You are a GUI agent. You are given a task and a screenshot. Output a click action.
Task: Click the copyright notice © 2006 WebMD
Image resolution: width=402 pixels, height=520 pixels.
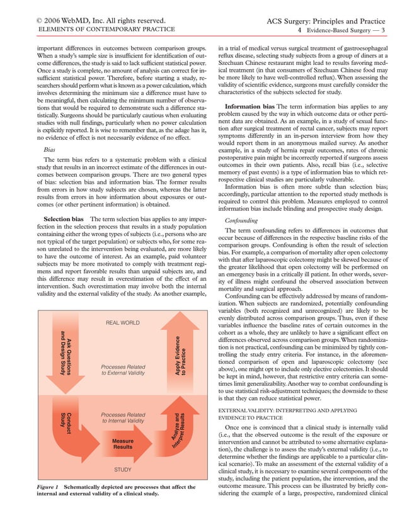click(94, 20)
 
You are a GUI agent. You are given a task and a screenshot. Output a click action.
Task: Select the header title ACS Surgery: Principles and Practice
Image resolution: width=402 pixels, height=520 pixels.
click(328, 20)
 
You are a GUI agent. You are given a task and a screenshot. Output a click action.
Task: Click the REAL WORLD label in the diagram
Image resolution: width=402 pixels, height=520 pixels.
click(123, 323)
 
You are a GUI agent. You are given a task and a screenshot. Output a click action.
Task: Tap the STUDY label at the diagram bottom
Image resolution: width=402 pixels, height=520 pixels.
click(123, 487)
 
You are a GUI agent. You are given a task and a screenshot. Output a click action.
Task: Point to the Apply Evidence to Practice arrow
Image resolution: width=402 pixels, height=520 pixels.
click(180, 356)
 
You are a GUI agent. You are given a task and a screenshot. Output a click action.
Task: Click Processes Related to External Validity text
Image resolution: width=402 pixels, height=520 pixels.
click(123, 370)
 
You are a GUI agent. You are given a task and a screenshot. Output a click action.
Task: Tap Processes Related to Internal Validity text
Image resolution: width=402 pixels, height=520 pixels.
click(123, 419)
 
